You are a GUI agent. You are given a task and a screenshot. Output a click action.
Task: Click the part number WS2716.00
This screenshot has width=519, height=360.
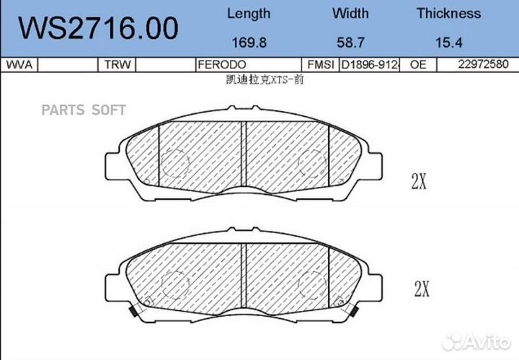[98, 28]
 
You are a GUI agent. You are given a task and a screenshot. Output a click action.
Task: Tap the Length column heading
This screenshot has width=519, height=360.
[249, 14]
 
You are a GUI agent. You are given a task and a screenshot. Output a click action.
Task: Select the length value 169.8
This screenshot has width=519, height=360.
[249, 43]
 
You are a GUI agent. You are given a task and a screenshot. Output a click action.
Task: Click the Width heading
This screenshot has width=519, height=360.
[350, 13]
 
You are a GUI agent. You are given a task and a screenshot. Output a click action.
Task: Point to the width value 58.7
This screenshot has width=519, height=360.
[350, 43]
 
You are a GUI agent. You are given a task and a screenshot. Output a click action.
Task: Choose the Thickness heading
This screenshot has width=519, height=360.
[448, 13]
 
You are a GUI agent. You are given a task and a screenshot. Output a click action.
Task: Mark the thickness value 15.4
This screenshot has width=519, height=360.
[448, 43]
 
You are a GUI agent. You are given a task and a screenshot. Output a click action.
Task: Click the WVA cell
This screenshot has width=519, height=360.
[19, 65]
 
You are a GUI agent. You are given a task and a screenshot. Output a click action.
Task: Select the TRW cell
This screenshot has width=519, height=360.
[117, 65]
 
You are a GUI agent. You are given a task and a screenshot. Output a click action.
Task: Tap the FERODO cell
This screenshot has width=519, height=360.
[222, 65]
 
